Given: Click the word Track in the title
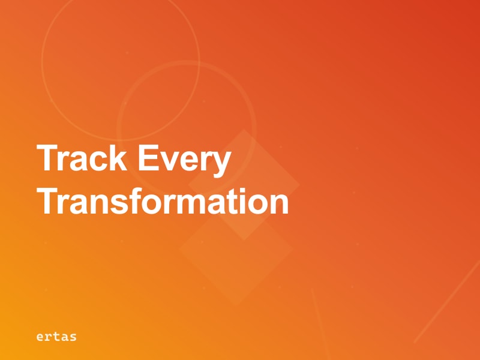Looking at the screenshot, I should (x=82, y=159).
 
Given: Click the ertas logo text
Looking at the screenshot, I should (x=56, y=336).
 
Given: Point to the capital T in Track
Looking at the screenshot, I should (x=47, y=159).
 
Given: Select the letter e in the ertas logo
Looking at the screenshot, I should (x=40, y=337).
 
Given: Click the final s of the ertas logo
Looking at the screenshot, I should (x=73, y=337).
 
